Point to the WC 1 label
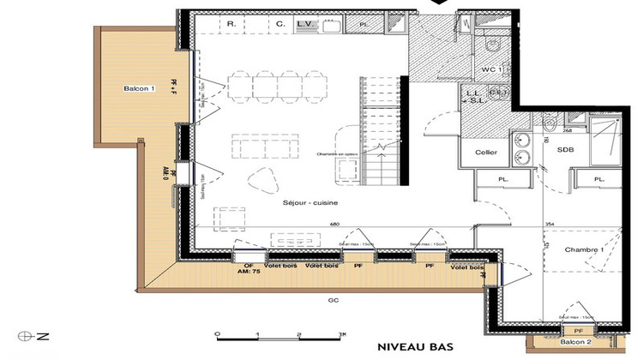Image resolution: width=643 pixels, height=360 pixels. (x=492, y=68)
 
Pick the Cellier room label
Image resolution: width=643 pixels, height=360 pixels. (x=487, y=153)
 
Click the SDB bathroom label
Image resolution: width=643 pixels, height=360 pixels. (x=565, y=151)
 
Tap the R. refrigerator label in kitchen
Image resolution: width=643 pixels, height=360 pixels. (x=231, y=25)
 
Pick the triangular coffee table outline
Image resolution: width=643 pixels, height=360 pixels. (x=260, y=179)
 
